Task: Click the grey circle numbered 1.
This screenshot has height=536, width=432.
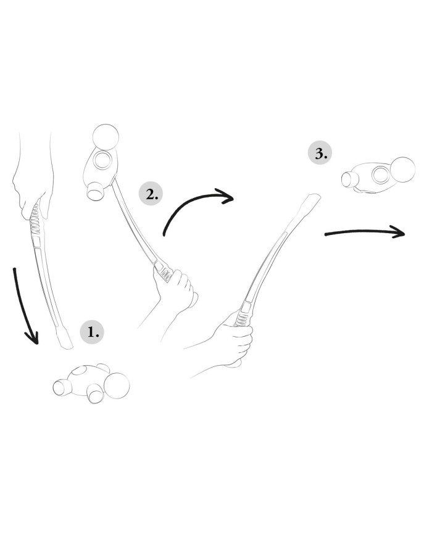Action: click(x=92, y=332)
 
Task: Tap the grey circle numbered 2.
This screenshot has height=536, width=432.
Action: click(x=151, y=194)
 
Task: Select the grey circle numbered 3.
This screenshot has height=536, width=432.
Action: click(x=320, y=153)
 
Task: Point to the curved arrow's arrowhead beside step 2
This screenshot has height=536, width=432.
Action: click(x=226, y=197)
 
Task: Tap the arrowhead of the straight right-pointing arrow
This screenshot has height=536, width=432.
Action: click(x=397, y=232)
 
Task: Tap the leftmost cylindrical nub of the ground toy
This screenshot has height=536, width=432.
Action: click(x=61, y=387)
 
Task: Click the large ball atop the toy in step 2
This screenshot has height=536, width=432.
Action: click(x=106, y=137)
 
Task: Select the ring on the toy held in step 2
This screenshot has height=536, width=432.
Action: click(x=102, y=160)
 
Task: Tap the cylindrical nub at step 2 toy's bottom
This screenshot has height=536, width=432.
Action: click(x=96, y=191)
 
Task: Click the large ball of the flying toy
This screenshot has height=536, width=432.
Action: click(x=402, y=170)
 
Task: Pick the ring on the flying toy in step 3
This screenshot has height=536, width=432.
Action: click(x=380, y=175)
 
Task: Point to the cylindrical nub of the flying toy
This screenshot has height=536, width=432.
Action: click(x=350, y=179)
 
